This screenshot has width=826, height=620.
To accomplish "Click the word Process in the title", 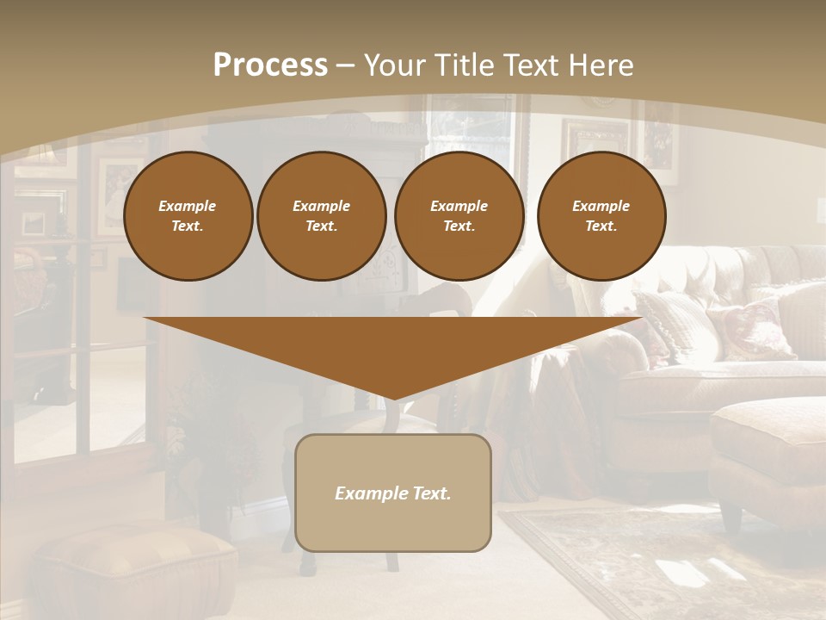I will coord(270,65).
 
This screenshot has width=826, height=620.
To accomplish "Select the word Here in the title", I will coord(600,65).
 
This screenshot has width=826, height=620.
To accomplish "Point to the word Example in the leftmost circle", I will coord(188,206).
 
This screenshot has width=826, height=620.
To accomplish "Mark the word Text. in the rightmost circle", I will coord(601,226).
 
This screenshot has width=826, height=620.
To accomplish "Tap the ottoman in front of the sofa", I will coord(768,448).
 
